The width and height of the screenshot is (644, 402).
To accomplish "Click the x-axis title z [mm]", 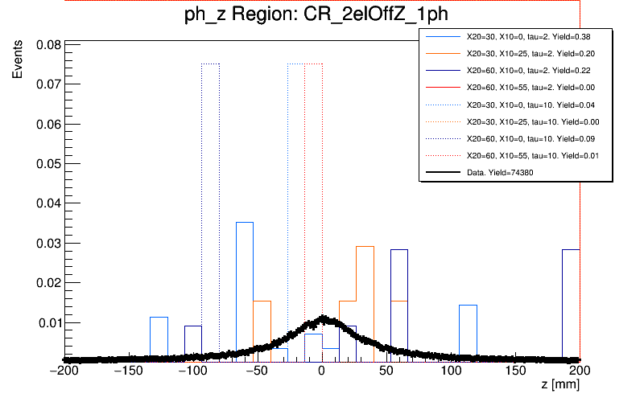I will (559, 386).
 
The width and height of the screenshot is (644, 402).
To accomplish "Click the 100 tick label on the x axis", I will (451, 371).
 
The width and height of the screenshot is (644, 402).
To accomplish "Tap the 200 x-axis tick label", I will (578, 371).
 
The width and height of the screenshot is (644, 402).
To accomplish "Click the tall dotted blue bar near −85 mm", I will (210, 201).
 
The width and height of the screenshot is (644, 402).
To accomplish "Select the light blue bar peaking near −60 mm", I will (245, 289).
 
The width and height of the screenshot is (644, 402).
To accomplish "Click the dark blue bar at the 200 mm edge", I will (571, 306).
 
